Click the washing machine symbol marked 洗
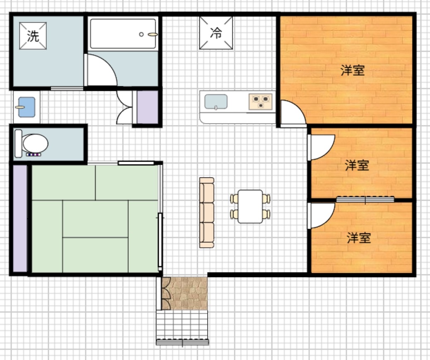click(x=33, y=36)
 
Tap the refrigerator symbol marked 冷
click(x=216, y=33)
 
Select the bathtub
click(x=123, y=34)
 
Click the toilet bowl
click(x=35, y=144)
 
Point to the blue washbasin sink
click(x=26, y=107)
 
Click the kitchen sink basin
click(x=216, y=102)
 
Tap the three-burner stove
click(x=260, y=102)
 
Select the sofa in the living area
click(x=207, y=213)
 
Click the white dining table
click(x=250, y=206)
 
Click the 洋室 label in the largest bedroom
click(x=353, y=70)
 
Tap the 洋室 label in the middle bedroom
click(x=357, y=165)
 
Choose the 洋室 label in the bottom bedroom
click(x=359, y=238)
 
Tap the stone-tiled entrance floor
click(x=185, y=293)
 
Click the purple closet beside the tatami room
click(x=20, y=218)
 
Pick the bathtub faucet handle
click(x=153, y=34)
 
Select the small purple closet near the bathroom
click(x=147, y=107)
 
